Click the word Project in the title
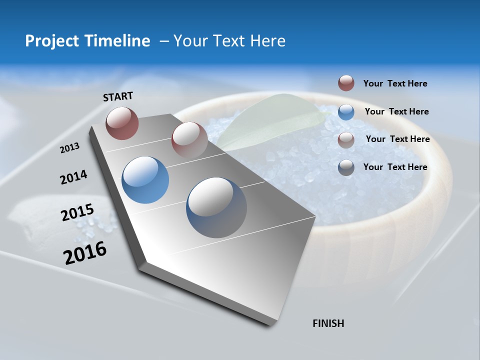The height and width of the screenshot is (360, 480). coord(50,41)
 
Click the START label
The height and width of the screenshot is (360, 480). coord(118,96)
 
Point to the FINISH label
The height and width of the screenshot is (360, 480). coord(328,323)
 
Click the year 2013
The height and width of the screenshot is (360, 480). coord(69,148)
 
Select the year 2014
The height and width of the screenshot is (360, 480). coord(73,177)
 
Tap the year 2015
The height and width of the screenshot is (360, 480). coord(77,213)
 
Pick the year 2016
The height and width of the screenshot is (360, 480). coord(85,253)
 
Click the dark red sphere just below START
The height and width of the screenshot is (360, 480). coord(122,123)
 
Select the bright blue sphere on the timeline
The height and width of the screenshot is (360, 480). coord(145,180)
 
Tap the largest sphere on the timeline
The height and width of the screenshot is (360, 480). coord(216,207)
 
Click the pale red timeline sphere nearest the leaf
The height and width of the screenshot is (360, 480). coord(189,139)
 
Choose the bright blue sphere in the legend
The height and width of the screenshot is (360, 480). coord(346,112)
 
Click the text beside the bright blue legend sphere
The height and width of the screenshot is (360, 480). coord(396,111)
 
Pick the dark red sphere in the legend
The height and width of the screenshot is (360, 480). coord(346,83)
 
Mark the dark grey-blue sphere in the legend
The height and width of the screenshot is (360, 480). coord(346,167)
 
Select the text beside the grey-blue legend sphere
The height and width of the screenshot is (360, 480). coord(395,167)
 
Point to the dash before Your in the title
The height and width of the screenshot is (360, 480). coord(164,41)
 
